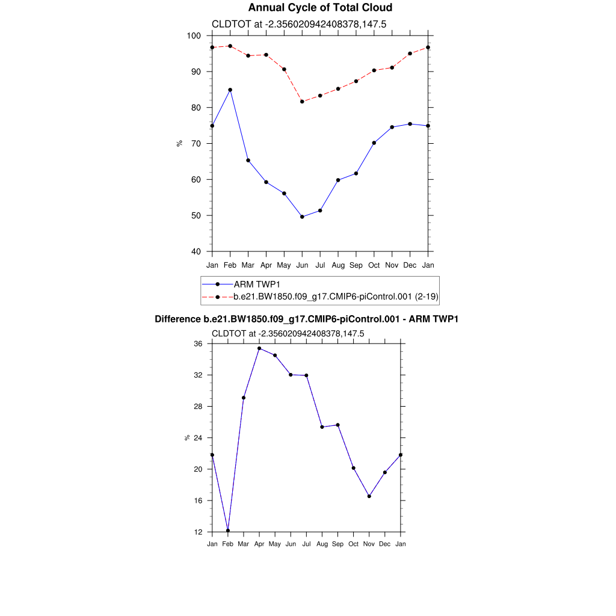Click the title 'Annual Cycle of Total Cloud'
pyautogui.click(x=320, y=8)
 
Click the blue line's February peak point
pyautogui.click(x=230, y=90)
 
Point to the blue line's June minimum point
pyautogui.click(x=302, y=217)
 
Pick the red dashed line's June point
pyautogui.click(x=302, y=102)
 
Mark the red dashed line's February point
pyautogui.click(x=230, y=46)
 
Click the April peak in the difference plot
pyautogui.click(x=259, y=348)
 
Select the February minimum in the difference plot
pyautogui.click(x=228, y=531)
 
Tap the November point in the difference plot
pyautogui.click(x=369, y=496)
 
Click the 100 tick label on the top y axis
pyautogui.click(x=193, y=35)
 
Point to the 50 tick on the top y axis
pyautogui.click(x=196, y=215)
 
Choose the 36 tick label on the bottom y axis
pyautogui.click(x=198, y=343)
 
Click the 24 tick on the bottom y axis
pyautogui.click(x=198, y=438)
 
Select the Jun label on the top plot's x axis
pyautogui.click(x=302, y=265)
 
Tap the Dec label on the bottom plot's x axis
pyautogui.click(x=385, y=544)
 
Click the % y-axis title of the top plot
pyautogui.click(x=179, y=143)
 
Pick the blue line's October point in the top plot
pyautogui.click(x=374, y=143)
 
